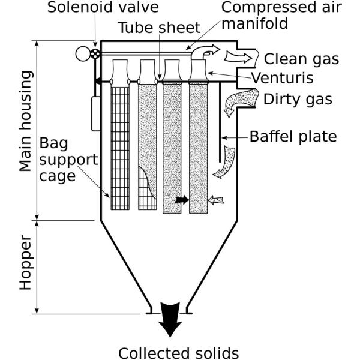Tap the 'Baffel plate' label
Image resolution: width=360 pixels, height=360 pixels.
pyautogui.click(x=293, y=137)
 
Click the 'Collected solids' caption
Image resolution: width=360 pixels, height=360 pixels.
pyautogui.click(x=178, y=352)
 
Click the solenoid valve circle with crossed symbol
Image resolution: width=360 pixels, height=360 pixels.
pyautogui.click(x=95, y=54)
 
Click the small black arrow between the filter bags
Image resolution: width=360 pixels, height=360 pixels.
pyautogui.click(x=181, y=200)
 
